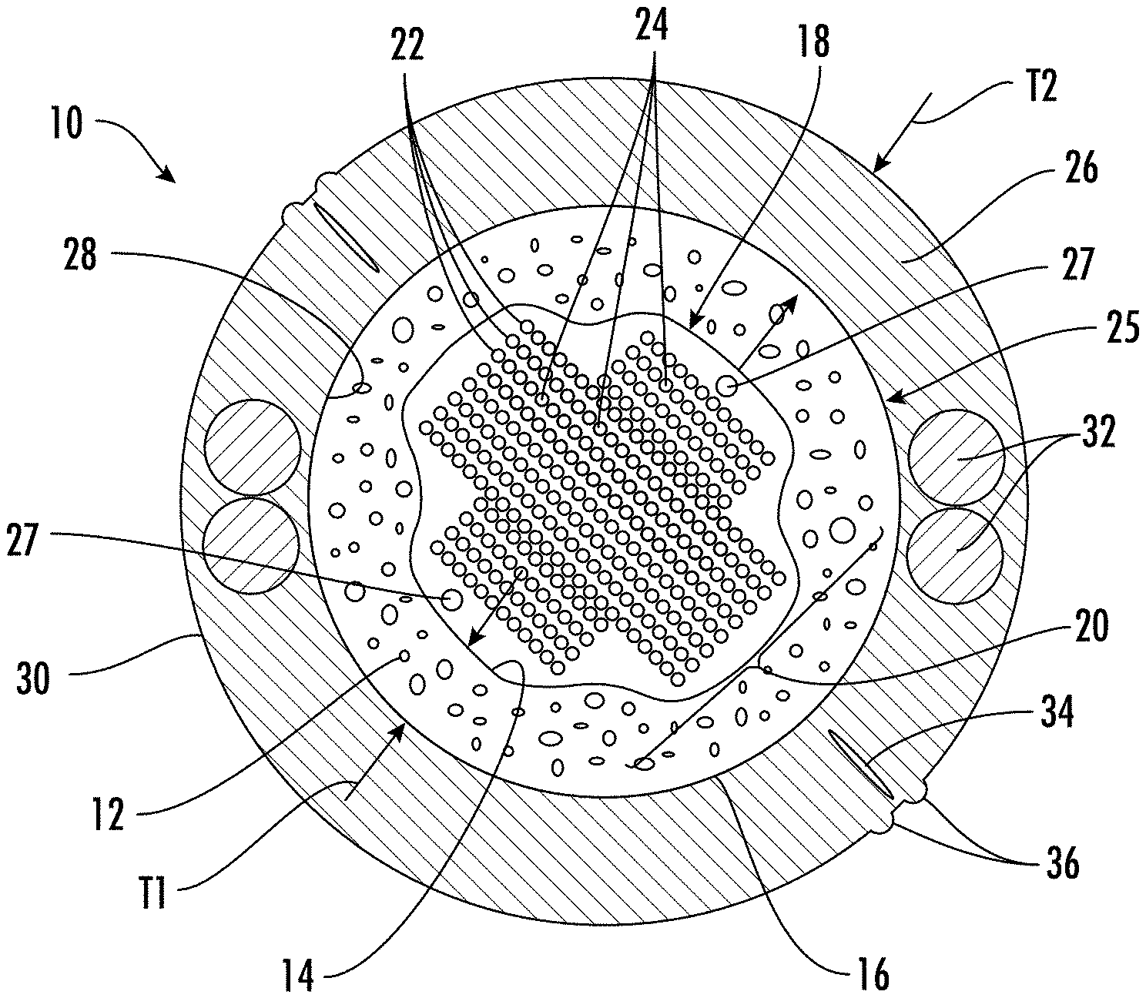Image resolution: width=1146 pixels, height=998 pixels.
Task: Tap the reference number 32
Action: (1096, 434)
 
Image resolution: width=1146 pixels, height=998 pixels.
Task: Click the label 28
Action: (79, 256)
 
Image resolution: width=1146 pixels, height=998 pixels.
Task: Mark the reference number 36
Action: (1062, 863)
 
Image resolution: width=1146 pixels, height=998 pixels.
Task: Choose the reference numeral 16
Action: (872, 975)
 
